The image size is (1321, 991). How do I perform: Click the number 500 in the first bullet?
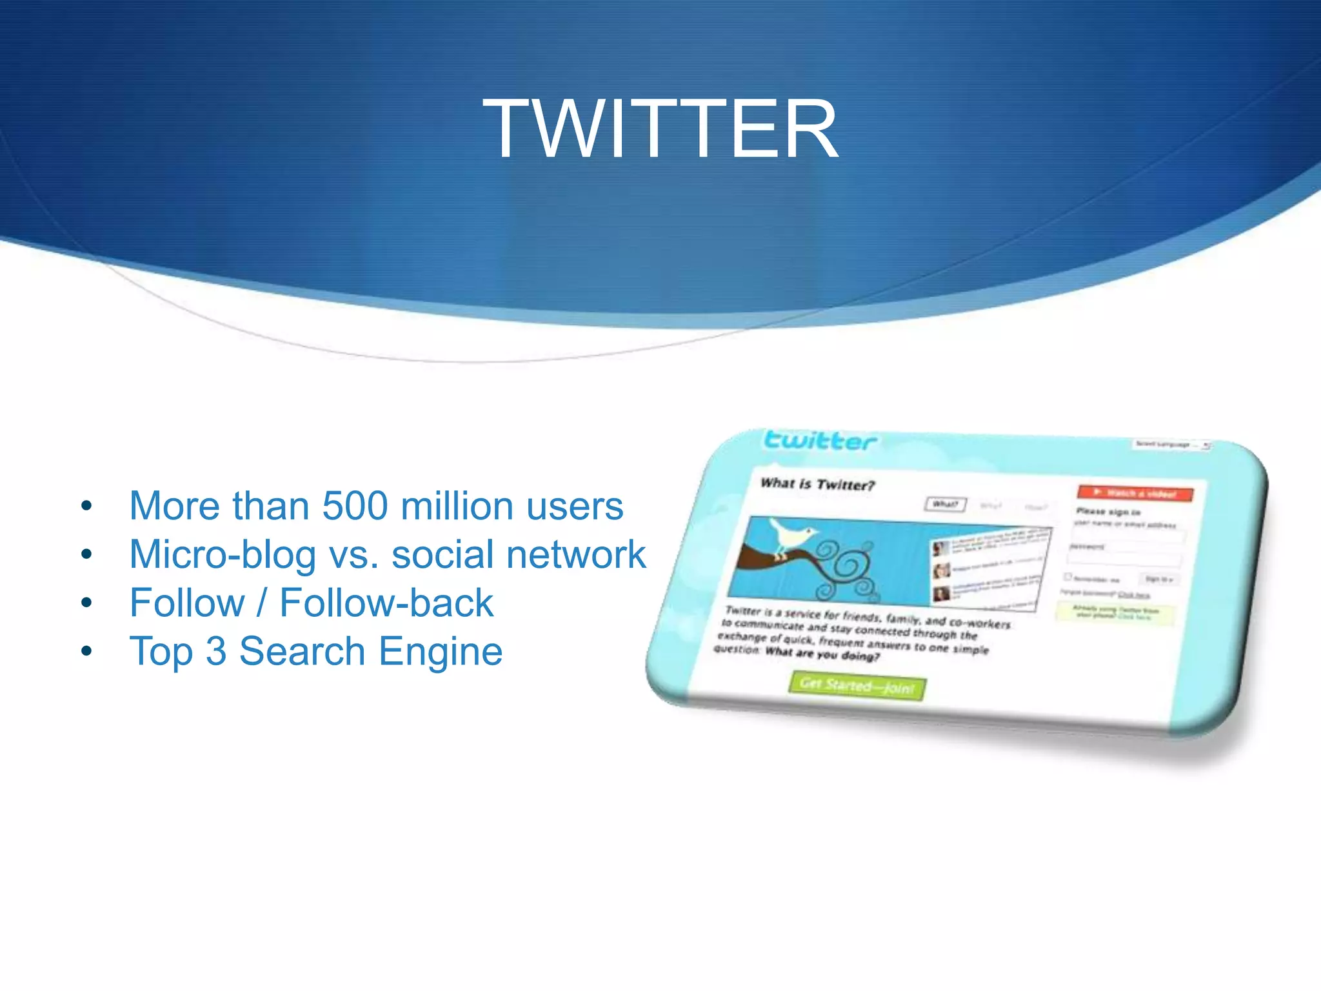tap(355, 506)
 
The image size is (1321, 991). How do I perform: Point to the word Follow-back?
tap(386, 603)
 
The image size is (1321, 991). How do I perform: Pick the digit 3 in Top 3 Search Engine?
tap(216, 652)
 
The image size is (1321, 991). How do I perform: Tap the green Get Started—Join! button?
tap(857, 686)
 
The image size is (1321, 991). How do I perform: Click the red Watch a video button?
tap(1135, 494)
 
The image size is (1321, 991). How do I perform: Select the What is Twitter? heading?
tap(817, 484)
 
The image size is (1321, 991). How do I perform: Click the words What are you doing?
tap(822, 654)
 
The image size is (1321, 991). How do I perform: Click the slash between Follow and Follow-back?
tap(262, 603)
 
